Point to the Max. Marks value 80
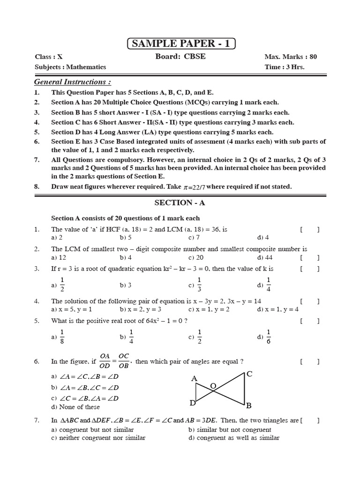[x=313, y=57]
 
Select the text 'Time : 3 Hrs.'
[x=285, y=67]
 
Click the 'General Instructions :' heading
[x=73, y=82]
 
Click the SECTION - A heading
[x=180, y=203]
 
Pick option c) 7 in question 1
[x=194, y=237]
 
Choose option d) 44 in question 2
[x=265, y=257]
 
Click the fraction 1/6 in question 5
[x=269, y=337]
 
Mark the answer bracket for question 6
[x=310, y=362]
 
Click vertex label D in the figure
[x=192, y=403]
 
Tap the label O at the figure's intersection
[x=213, y=385]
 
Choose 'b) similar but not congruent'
[x=230, y=429]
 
